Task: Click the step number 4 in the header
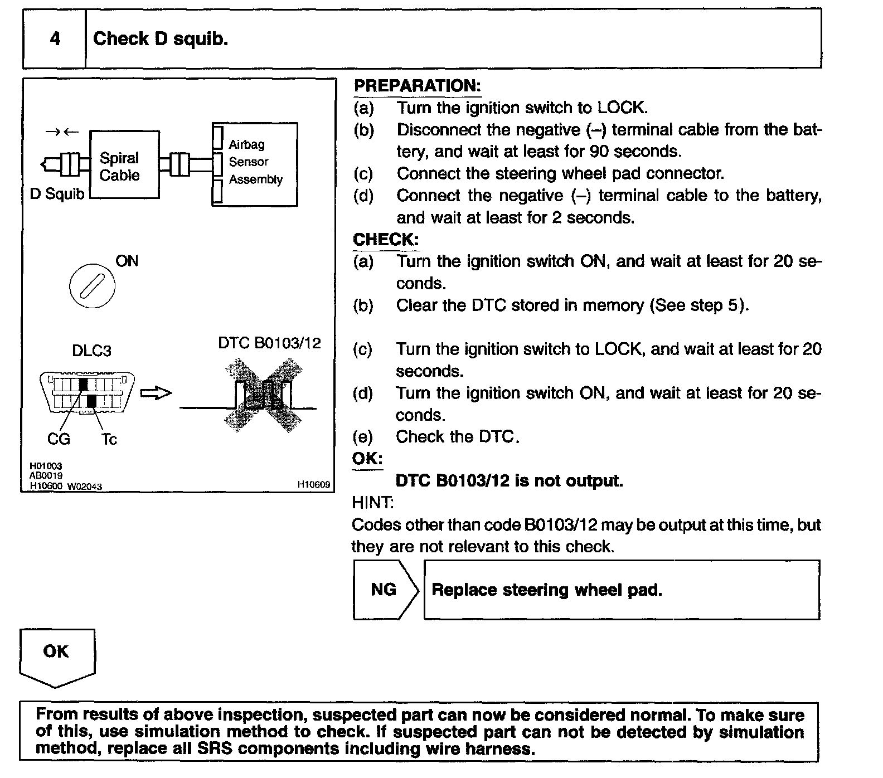point(55,39)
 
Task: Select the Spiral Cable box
point(124,165)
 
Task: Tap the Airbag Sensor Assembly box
point(255,164)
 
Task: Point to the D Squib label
point(57,194)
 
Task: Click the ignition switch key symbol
point(92,286)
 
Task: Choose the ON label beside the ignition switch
point(127,261)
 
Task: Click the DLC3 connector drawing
point(88,393)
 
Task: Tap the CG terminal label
point(59,440)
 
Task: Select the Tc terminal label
point(109,440)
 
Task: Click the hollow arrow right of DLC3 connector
point(156,393)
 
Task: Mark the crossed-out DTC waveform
point(263,395)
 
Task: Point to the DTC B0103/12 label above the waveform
point(269,343)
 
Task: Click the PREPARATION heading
point(417,86)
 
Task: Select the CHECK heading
point(385,240)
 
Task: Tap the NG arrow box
point(385,590)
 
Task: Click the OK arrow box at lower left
point(56,655)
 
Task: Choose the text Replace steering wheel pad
point(547,590)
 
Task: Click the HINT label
point(372,503)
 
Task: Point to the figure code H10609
point(314,485)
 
